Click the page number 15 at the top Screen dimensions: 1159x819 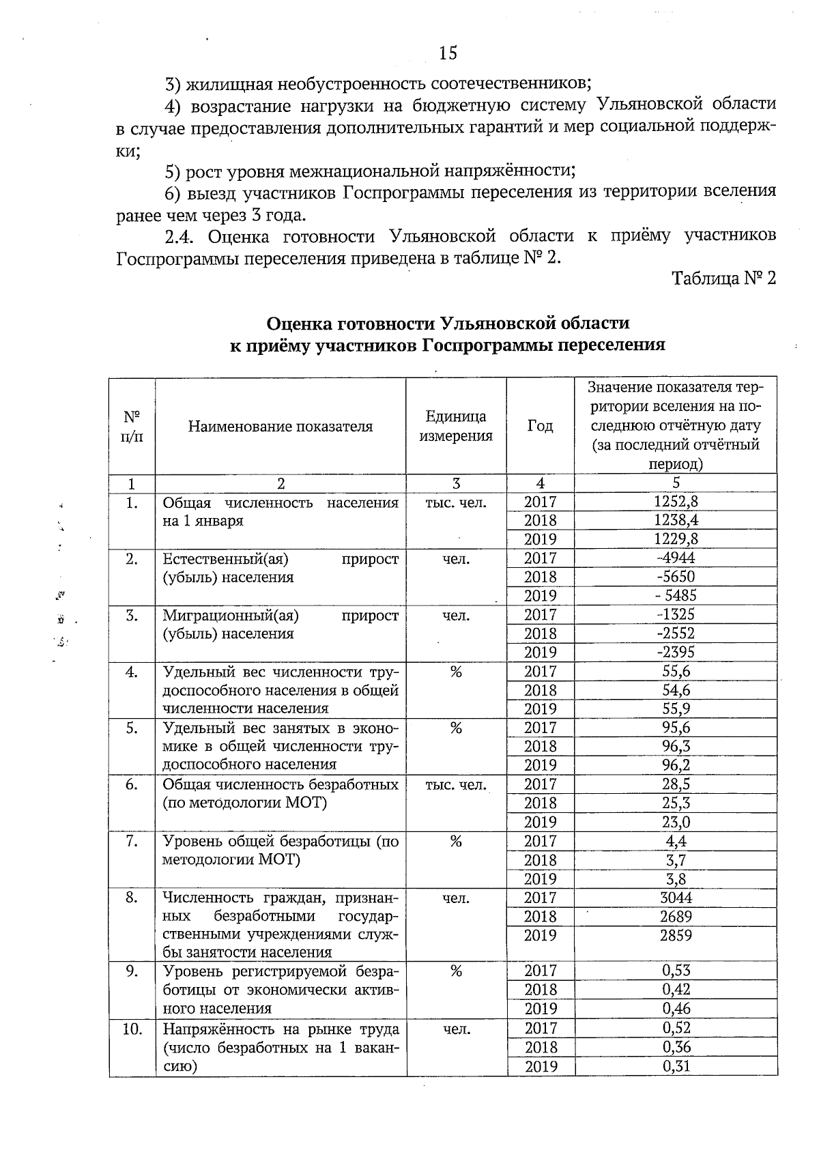click(448, 53)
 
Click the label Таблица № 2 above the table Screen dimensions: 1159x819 click(724, 278)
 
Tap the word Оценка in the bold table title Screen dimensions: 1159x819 click(302, 323)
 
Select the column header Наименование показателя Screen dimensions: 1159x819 click(281, 427)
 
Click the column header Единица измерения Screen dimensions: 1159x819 click(456, 427)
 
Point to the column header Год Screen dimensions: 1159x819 click(540, 426)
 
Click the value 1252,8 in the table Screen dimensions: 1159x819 click(676, 502)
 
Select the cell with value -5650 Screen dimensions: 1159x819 click(676, 577)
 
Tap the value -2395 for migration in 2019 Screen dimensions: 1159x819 click(676, 653)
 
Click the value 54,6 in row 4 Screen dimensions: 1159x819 click(676, 690)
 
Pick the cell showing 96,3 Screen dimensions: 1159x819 click(676, 747)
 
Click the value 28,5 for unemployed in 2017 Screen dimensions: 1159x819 click(676, 784)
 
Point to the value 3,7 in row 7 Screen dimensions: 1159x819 click(676, 860)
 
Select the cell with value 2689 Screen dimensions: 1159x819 click(676, 917)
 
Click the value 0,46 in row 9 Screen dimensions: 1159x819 click(676, 1009)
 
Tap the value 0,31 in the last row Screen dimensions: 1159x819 click(676, 1066)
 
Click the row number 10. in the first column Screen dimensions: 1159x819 click(132, 1029)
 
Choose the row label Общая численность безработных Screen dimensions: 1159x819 click(280, 785)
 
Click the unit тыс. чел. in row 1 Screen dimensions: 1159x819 click(456, 503)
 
